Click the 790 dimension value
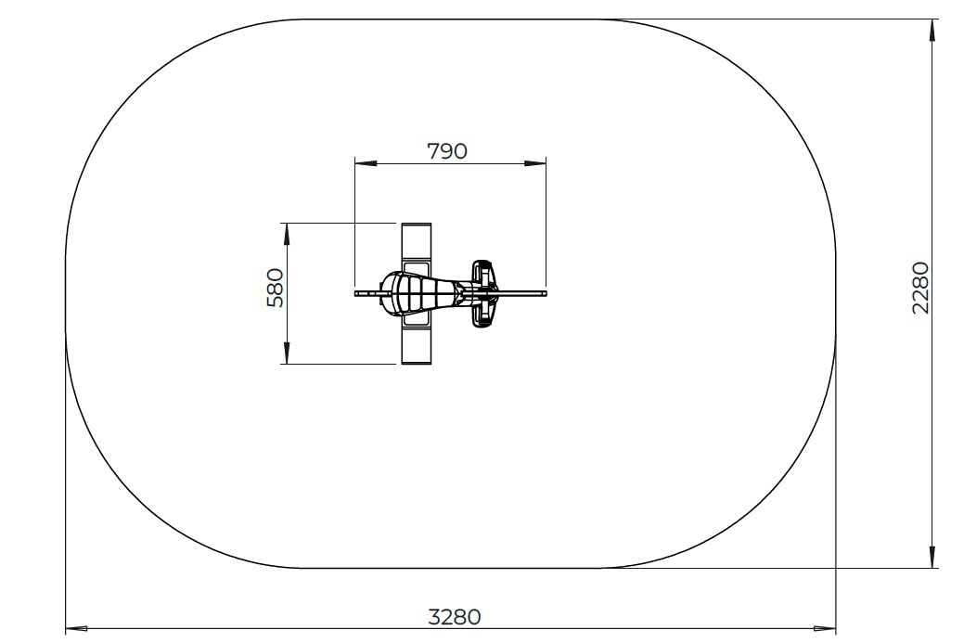tap(447, 150)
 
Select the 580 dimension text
tap(275, 288)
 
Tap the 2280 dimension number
tap(920, 288)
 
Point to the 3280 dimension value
tap(455, 617)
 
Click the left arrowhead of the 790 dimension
tap(366, 163)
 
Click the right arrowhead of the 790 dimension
tap(534, 163)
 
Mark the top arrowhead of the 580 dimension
tap(286, 234)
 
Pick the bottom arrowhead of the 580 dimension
tap(286, 353)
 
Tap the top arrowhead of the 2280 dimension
tap(932, 30)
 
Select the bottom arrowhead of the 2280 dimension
tap(932, 557)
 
